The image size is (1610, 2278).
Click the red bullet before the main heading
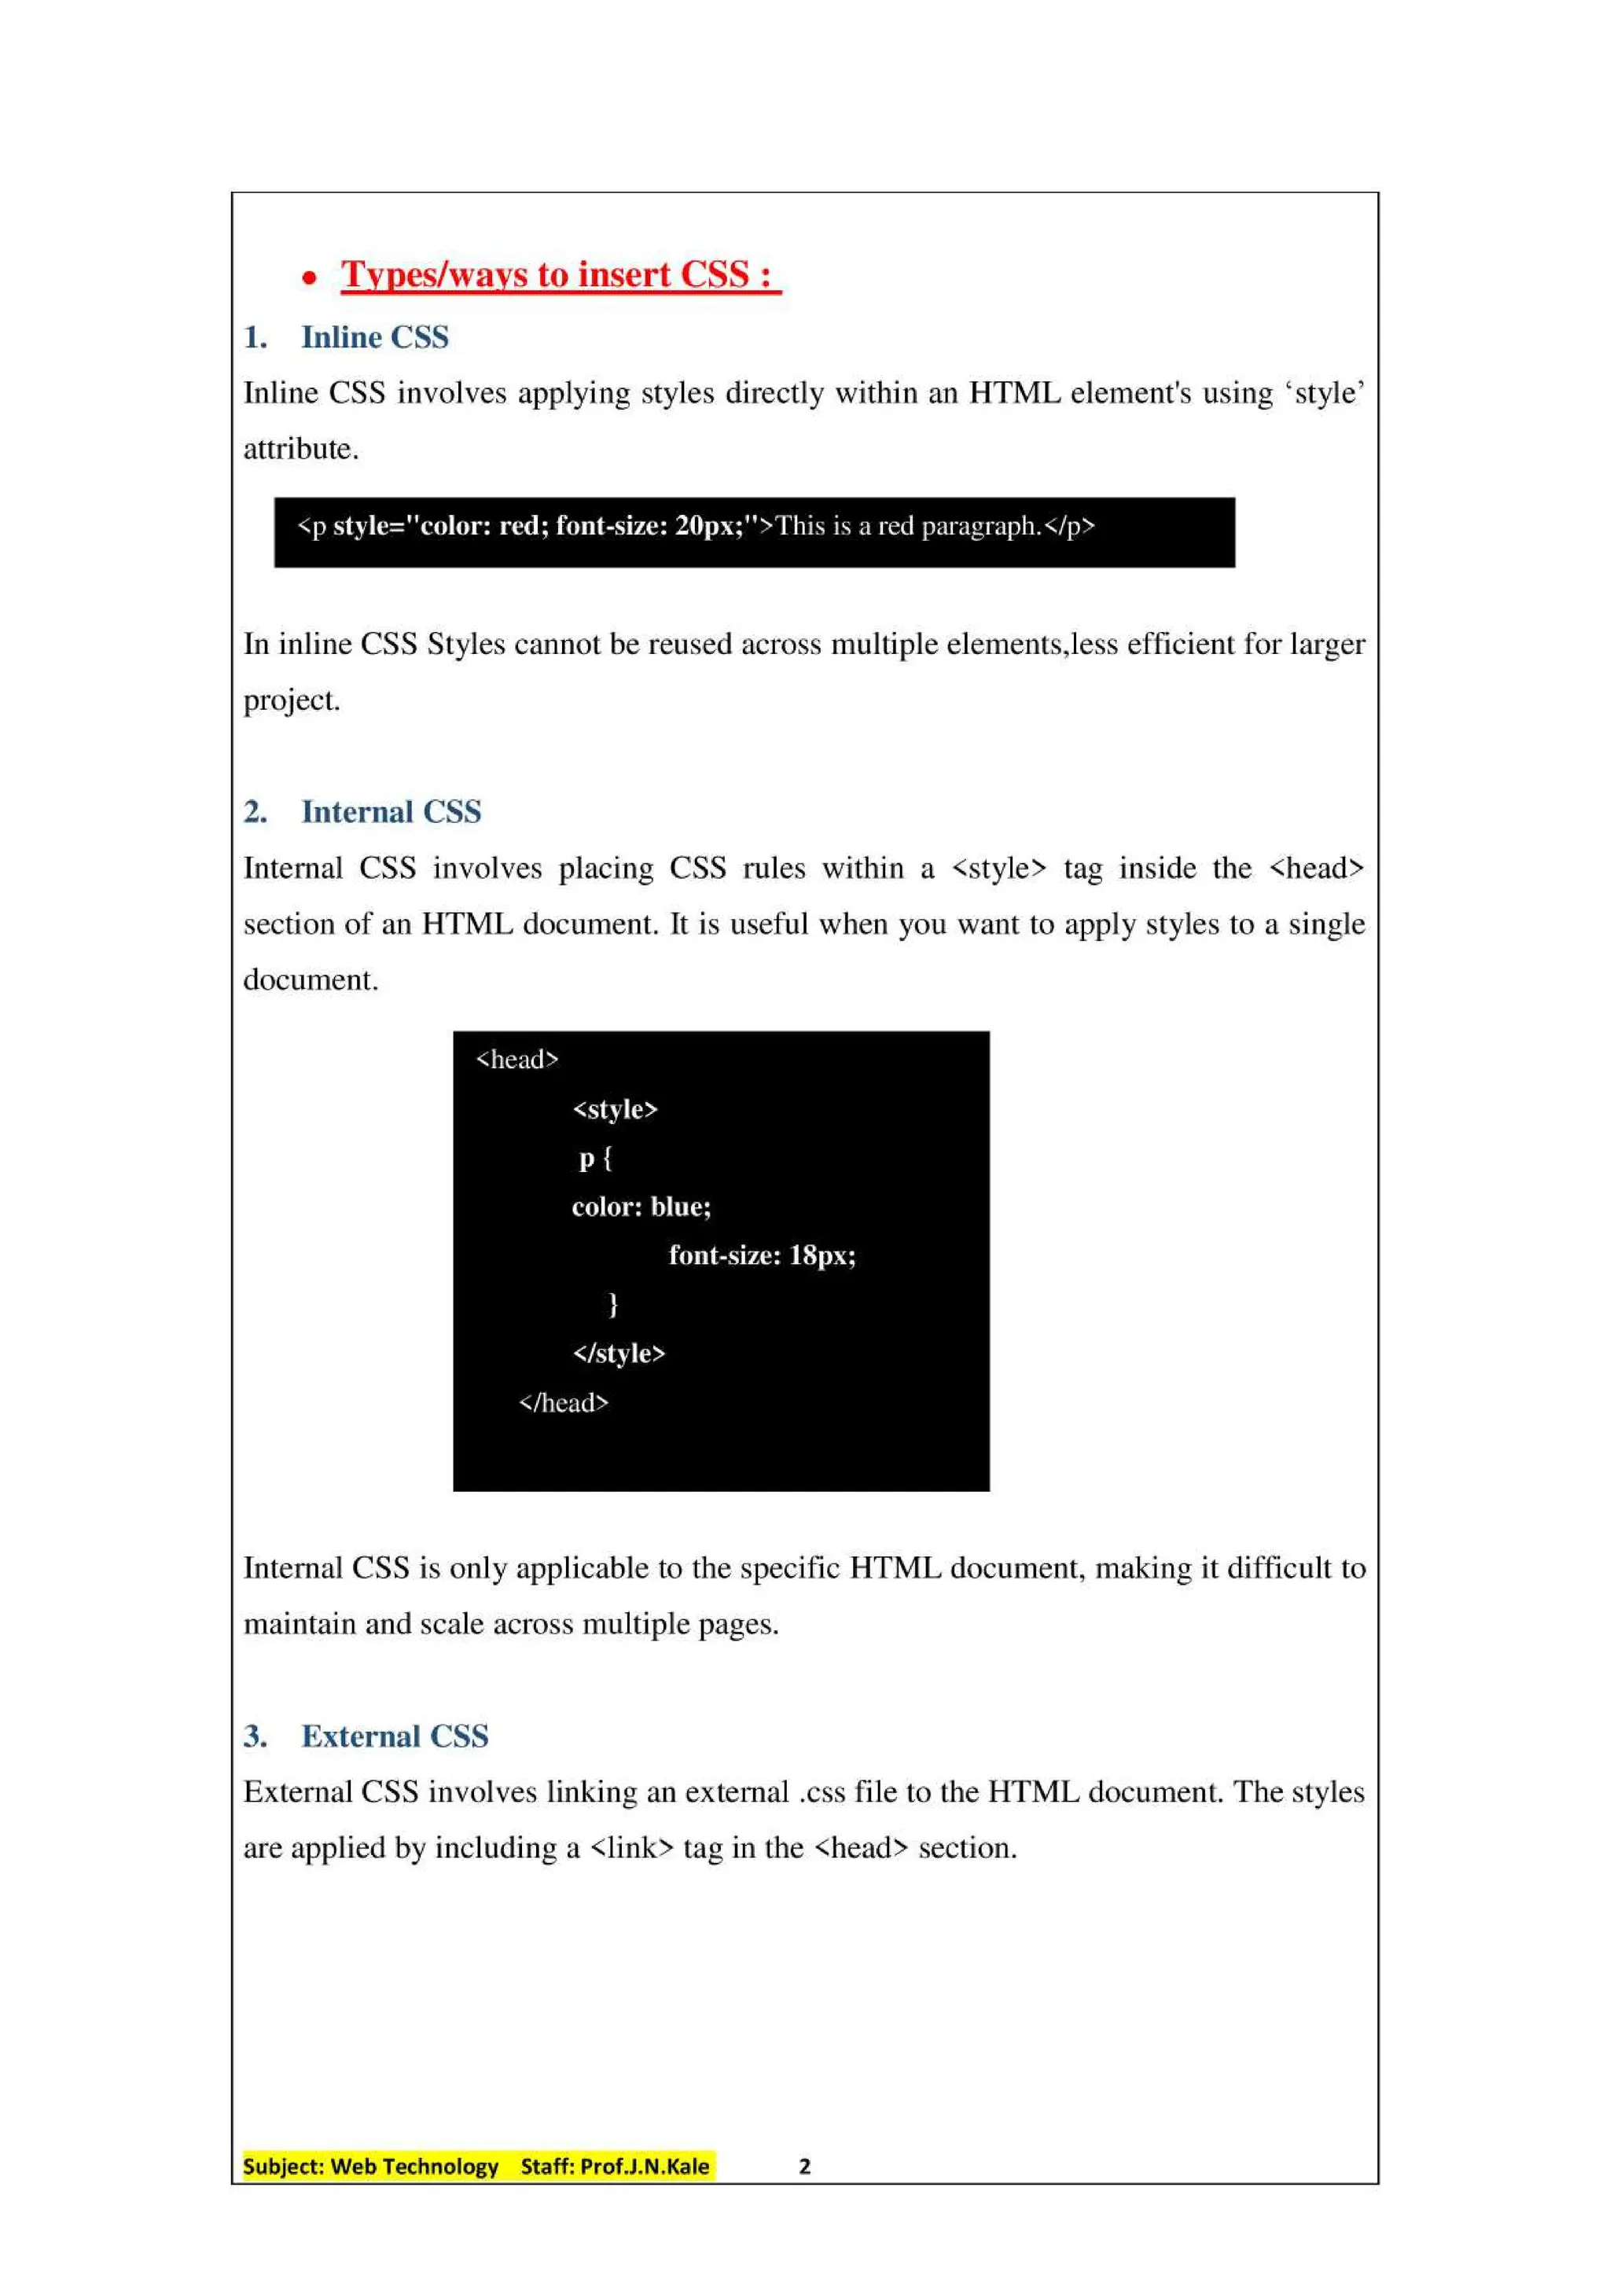coord(310,279)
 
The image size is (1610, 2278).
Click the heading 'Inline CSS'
coord(374,337)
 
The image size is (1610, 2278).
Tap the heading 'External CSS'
coord(395,1736)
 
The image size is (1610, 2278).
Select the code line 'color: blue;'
coord(641,1207)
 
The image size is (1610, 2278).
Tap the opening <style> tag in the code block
coord(615,1109)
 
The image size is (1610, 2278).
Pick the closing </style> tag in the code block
coord(619,1354)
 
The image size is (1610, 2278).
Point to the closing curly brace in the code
coord(613,1304)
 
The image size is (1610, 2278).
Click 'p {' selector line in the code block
coord(595,1158)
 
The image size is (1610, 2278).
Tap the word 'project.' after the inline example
coord(292,700)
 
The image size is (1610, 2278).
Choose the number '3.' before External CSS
coord(255,1736)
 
